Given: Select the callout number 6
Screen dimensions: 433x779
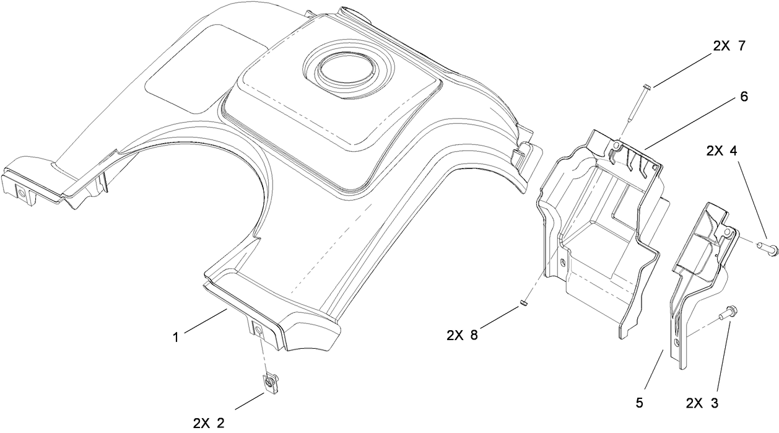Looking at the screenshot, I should pos(743,97).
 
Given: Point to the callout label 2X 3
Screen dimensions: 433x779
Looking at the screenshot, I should pos(702,403).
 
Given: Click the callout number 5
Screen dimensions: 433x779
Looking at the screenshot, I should pos(640,403).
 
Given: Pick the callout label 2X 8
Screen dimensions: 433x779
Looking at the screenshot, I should pos(462,335).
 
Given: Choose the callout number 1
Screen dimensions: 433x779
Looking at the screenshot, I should pos(176,338).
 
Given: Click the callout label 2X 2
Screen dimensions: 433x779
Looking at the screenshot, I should pos(209,423).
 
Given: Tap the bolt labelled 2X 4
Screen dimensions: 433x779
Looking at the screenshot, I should pos(767,248).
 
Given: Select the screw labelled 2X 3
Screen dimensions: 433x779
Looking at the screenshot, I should pos(726,313).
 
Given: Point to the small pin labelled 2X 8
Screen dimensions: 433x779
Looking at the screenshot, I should pos(523,303).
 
